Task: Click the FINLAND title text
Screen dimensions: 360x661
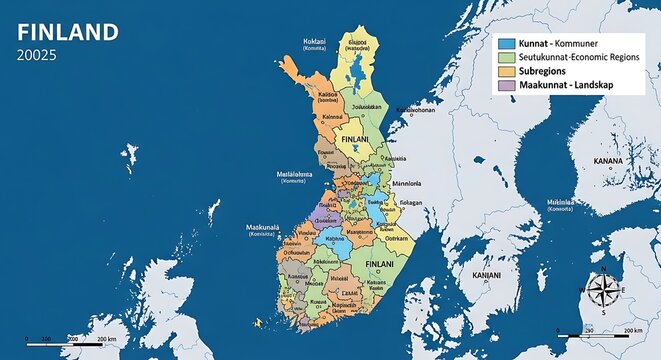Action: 68,33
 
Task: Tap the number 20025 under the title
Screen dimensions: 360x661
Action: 37,56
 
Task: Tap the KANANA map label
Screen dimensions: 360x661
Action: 608,160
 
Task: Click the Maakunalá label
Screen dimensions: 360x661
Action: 263,228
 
